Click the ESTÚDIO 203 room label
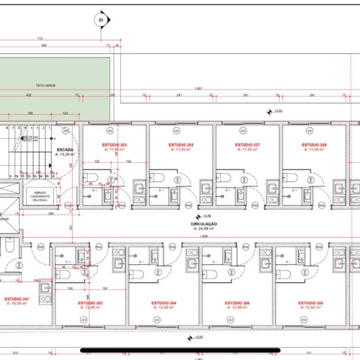pos(115,145)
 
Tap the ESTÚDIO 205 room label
pos(181,145)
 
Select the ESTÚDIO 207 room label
pos(248,145)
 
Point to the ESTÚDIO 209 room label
pos(314,145)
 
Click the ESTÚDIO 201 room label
pos(17,299)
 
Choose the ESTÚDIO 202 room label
pos(90,302)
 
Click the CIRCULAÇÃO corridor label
pos(204,223)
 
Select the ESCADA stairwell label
pos(65,149)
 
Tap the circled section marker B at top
pos(101,20)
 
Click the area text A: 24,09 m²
pos(204,229)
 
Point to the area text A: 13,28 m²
pos(65,155)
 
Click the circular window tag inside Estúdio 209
pos(309,130)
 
